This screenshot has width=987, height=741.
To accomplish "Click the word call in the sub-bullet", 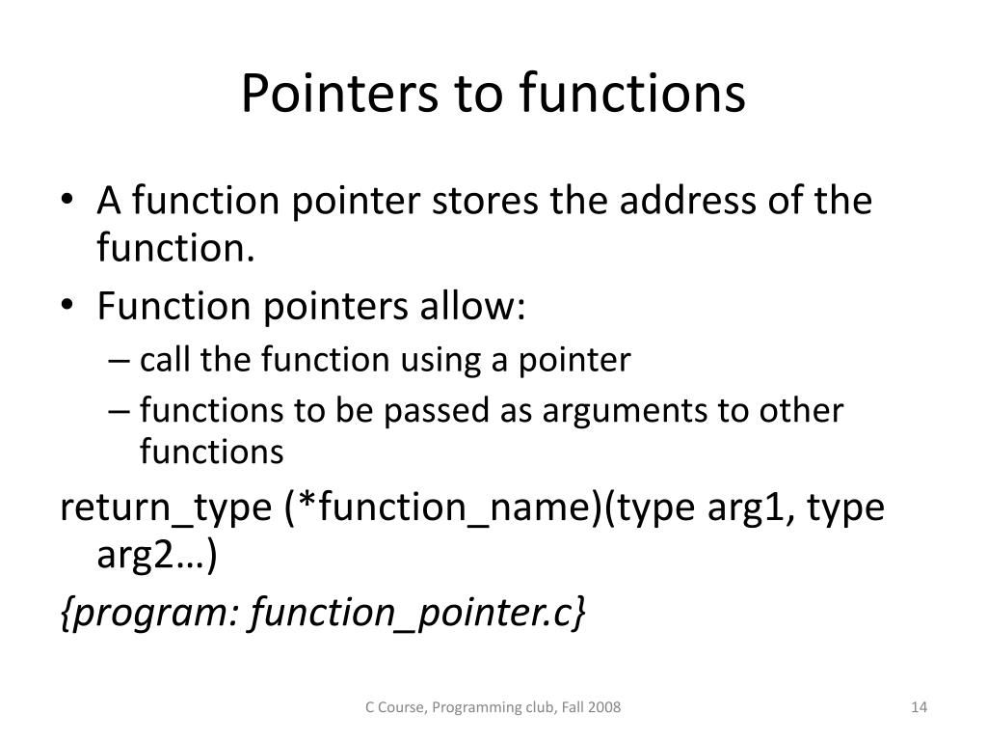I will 166,361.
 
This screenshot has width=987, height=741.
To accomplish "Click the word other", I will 802,411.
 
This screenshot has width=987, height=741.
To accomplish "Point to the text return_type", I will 166,508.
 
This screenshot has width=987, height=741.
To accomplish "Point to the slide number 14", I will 918,708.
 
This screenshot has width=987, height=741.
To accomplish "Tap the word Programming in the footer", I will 471,708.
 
